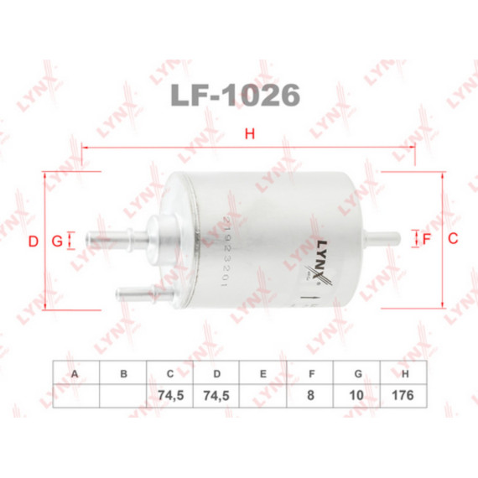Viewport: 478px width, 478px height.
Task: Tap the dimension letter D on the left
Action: pyautogui.click(x=34, y=242)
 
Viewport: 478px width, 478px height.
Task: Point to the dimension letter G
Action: pyautogui.click(x=56, y=242)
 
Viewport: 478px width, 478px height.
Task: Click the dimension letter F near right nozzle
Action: pyautogui.click(x=426, y=239)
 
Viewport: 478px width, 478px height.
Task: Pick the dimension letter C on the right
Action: pyautogui.click(x=452, y=239)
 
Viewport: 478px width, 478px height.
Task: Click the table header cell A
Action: pyautogui.click(x=76, y=374)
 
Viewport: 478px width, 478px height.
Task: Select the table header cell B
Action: pyautogui.click(x=123, y=374)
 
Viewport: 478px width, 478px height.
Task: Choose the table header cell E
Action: pyautogui.click(x=264, y=374)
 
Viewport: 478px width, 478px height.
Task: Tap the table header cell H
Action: pyautogui.click(x=405, y=374)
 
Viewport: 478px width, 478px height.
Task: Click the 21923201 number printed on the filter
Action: pyautogui.click(x=227, y=252)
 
